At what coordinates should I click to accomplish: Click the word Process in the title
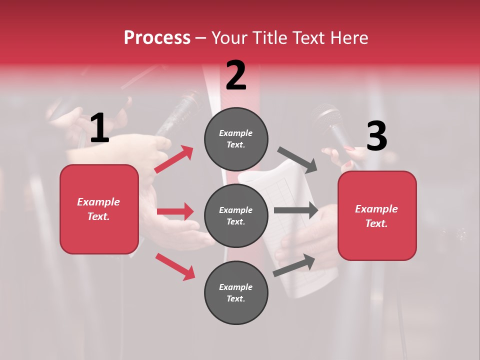157,38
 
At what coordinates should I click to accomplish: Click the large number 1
99,128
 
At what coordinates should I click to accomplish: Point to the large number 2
236,76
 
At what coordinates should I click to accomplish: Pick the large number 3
376,136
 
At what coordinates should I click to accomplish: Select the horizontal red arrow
175,211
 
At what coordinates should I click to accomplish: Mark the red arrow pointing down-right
175,266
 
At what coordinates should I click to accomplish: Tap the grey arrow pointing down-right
297,159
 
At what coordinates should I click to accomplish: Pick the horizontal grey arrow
296,210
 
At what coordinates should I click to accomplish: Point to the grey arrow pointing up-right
294,265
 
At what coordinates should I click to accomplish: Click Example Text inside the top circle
236,139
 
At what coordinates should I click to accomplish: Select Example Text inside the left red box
99,209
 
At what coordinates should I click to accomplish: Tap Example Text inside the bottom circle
236,293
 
